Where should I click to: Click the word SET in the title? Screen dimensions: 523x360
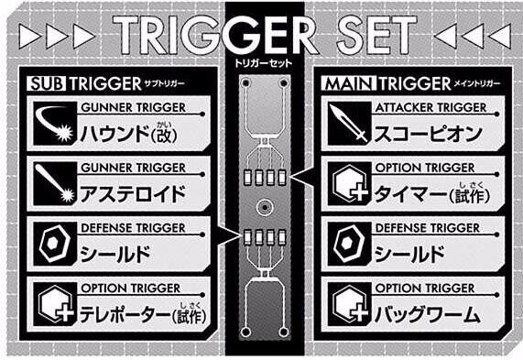(376, 35)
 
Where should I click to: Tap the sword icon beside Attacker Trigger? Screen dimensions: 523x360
(349, 124)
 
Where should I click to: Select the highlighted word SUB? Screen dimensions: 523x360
(47, 83)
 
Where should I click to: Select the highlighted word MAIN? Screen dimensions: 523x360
(349, 83)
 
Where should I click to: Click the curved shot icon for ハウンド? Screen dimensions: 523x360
(55, 124)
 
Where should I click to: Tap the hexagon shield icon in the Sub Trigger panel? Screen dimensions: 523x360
(55, 244)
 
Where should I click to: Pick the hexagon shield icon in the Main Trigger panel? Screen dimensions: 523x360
(349, 244)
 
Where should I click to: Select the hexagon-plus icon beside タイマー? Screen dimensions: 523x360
(349, 183)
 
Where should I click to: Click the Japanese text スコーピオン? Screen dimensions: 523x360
(429, 134)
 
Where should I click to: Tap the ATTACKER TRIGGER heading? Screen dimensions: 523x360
(430, 108)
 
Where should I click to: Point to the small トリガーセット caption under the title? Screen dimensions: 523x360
(263, 63)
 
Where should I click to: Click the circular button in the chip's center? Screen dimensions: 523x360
(265, 208)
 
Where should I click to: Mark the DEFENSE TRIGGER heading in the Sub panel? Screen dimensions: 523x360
(133, 228)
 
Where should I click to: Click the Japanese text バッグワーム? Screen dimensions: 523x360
(428, 314)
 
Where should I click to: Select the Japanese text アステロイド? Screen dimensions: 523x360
(133, 194)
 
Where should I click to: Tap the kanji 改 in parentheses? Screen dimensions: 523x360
(164, 135)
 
